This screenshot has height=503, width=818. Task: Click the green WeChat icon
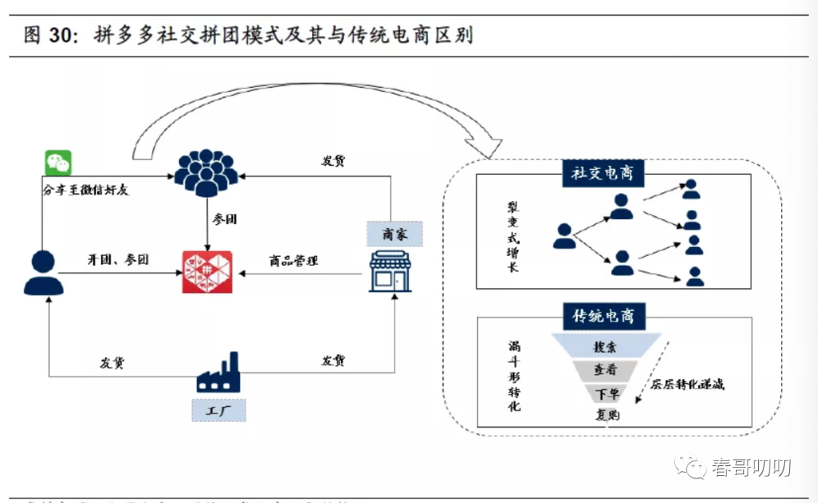pos(58,163)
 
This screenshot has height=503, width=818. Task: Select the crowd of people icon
pos(206,173)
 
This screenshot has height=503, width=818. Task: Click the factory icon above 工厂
pos(217,373)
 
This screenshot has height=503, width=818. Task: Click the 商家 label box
pos(394,234)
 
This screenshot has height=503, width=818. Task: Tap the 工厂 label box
pos(218,411)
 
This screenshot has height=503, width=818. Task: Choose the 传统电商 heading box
pos(604,315)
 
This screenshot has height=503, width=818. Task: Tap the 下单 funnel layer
pos(607,393)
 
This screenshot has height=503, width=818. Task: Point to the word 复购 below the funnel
pos(607,414)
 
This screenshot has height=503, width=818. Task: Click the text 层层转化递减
pos(688,384)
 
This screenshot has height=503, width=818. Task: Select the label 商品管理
pos(294,261)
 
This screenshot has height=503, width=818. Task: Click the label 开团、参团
pos(117,260)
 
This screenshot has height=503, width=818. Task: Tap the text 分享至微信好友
pos(86,190)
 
